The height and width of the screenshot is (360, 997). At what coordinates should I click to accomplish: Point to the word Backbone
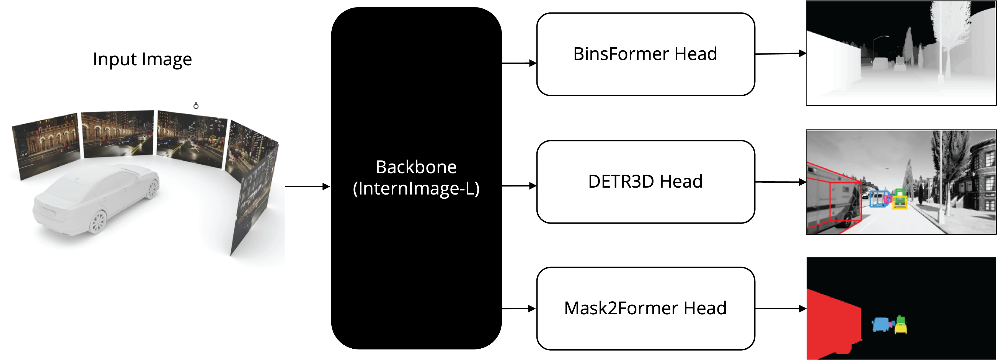tap(416, 167)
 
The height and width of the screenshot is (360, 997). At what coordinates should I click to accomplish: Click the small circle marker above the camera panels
tap(196, 106)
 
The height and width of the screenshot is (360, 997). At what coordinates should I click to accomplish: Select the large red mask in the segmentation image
tap(832, 325)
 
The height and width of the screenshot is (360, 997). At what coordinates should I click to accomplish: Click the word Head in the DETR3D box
tap(681, 182)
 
